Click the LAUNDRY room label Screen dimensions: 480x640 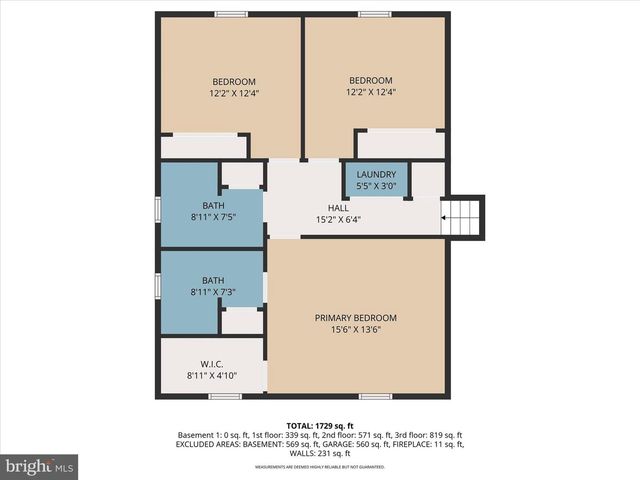376,174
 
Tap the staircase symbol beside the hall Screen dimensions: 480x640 462,215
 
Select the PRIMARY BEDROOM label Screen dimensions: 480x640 355,318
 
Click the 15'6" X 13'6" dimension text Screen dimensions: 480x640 355,330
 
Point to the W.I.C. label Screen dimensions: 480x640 211,363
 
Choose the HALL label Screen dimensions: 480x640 339,208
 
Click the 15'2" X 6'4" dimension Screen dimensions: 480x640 339,219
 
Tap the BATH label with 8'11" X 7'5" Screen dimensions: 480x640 213,206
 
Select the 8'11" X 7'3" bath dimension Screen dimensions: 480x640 213,292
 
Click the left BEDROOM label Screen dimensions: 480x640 233,82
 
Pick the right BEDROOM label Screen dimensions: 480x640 370,81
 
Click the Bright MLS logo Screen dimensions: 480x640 39,465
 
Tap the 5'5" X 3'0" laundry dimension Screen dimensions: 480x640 376,185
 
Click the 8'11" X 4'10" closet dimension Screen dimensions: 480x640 213,375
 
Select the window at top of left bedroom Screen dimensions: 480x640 231,14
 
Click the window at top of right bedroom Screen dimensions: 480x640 375,14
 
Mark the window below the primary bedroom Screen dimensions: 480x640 375,397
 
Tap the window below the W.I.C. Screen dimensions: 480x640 225,397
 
